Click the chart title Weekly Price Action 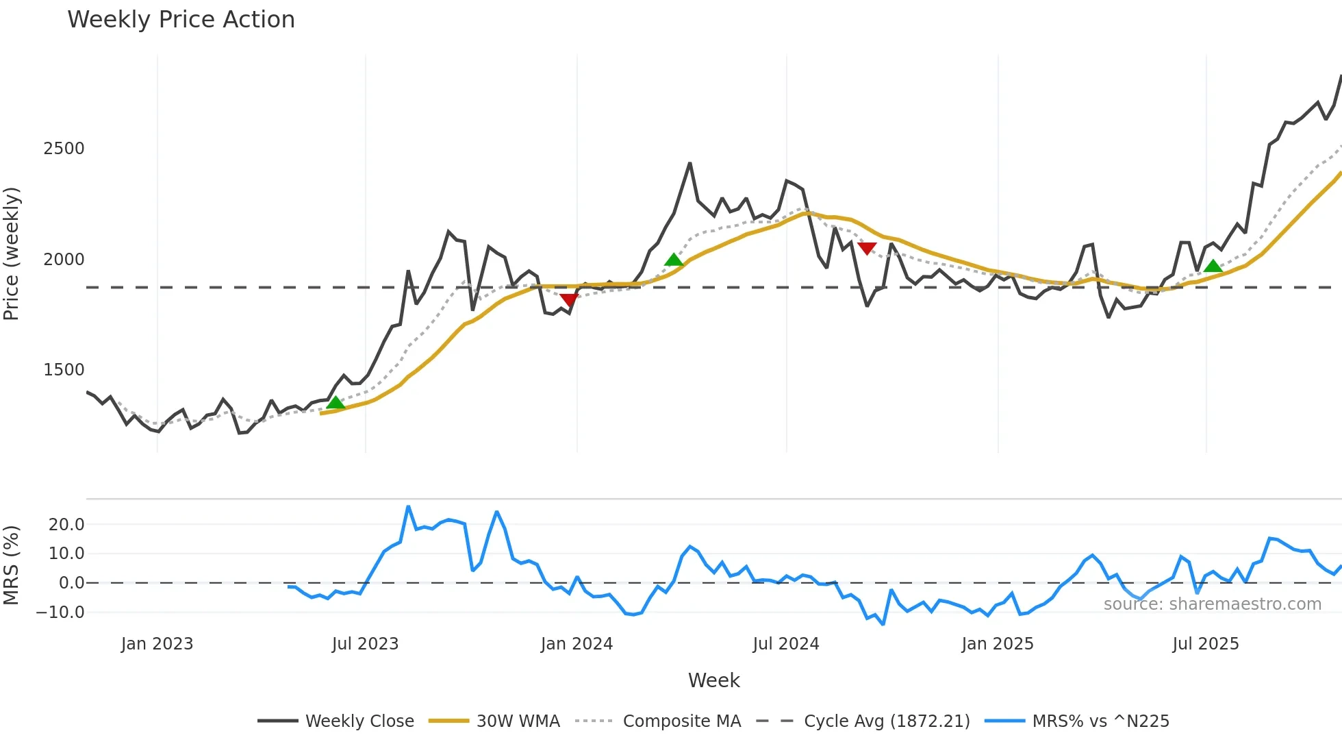(x=181, y=20)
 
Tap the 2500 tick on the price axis (x=64, y=149)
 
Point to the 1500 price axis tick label (x=64, y=370)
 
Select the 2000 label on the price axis (x=64, y=260)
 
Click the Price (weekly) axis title (x=12, y=253)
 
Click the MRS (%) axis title (x=12, y=565)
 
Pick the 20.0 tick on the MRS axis (x=66, y=525)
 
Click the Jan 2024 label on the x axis (x=577, y=644)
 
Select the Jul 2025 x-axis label (x=1206, y=644)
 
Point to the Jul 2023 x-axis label (x=365, y=644)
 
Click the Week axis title (x=713, y=680)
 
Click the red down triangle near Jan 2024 (x=569, y=299)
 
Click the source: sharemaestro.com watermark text (x=1212, y=604)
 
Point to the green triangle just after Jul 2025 (x=1213, y=267)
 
